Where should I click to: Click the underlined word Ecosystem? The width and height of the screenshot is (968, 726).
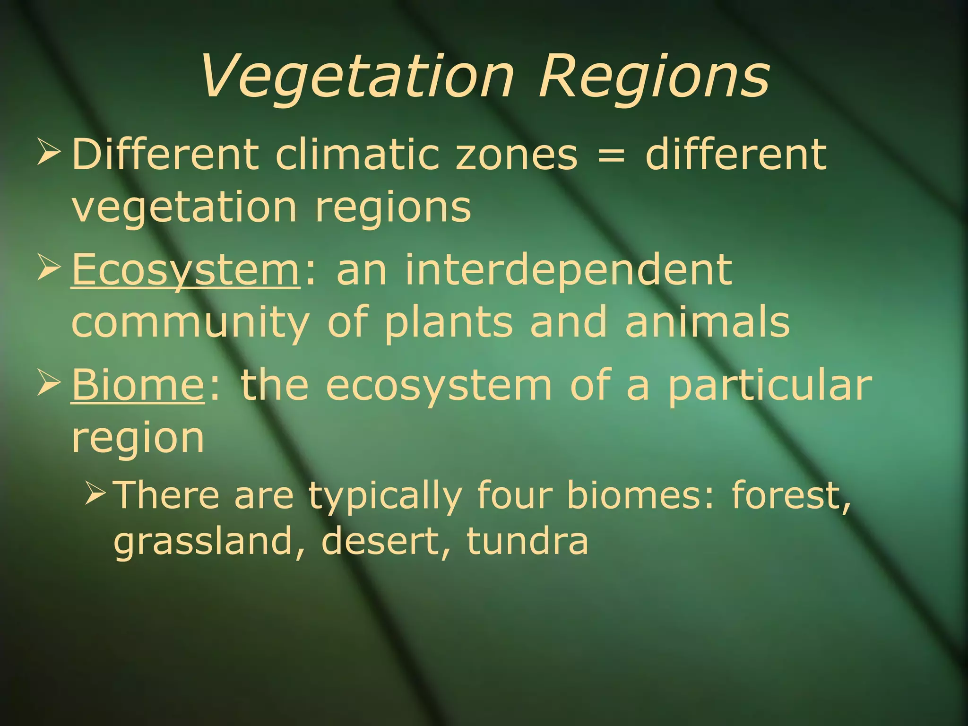pos(186,270)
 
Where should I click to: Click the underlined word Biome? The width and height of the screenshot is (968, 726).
pos(138,385)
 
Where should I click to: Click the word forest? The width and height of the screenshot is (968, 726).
pos(791,495)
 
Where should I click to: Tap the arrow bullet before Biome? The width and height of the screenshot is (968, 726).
pos(49,383)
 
